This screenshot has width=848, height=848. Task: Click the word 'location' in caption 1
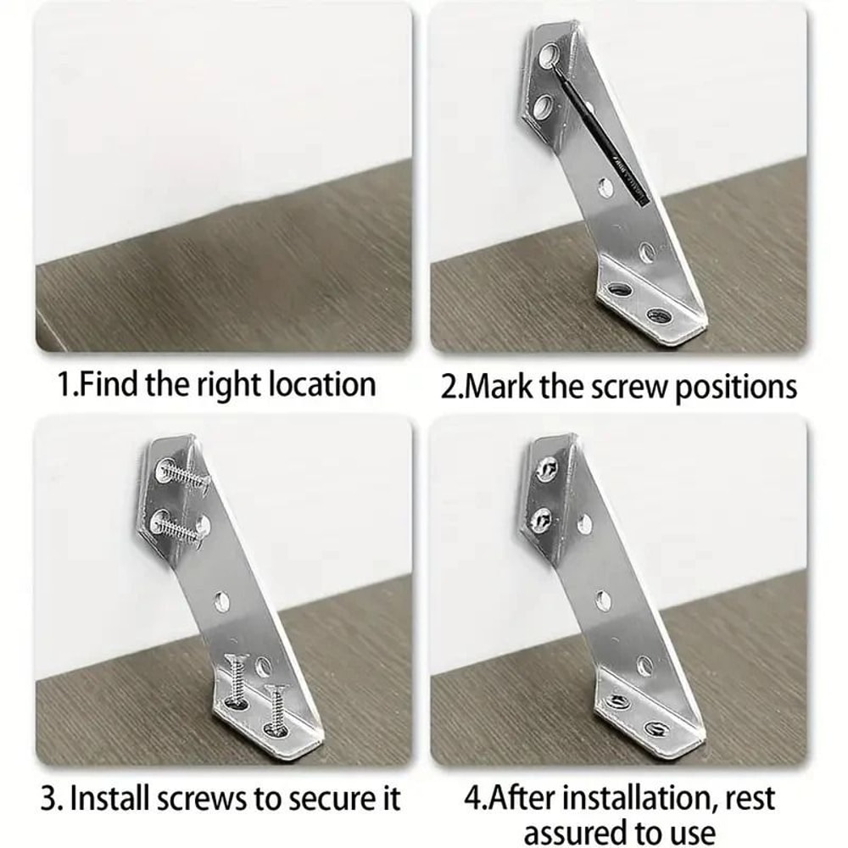322,385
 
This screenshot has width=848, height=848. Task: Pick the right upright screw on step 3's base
276,706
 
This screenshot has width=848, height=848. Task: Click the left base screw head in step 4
619,703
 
